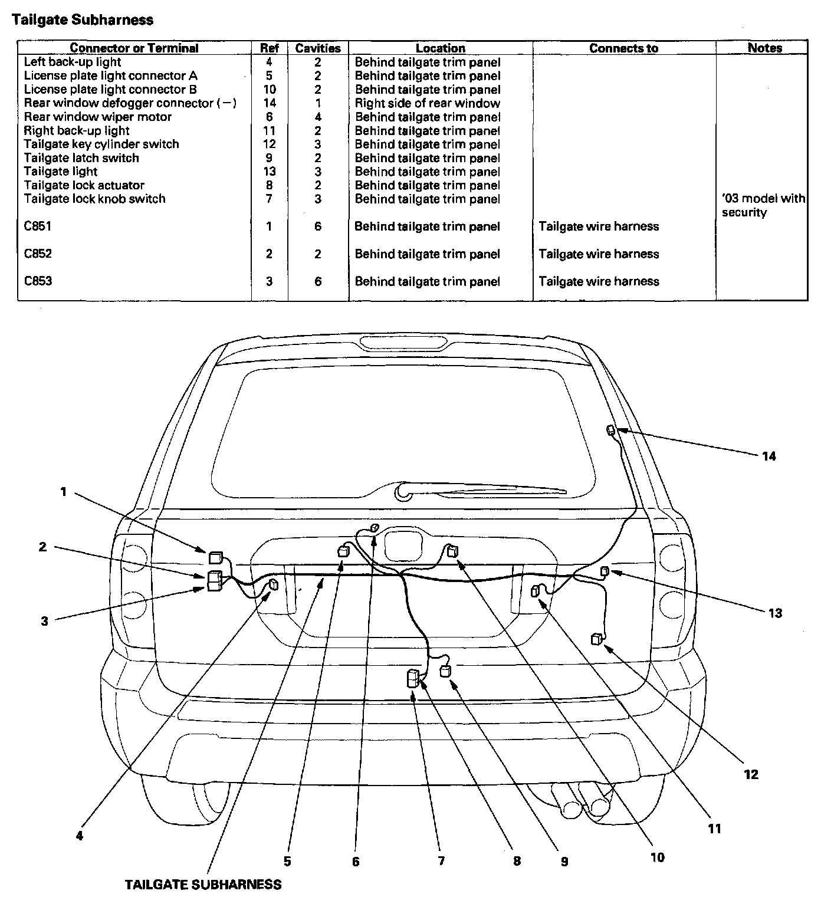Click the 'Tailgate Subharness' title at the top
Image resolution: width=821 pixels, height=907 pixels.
point(83,20)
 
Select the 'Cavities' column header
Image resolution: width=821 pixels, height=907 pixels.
point(318,48)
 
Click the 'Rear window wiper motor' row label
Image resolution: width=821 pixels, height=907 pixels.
point(97,117)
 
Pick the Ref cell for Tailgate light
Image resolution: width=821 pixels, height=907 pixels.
point(270,172)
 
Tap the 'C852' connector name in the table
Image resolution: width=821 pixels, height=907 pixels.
point(38,254)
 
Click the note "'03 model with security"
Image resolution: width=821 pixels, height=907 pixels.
point(763,205)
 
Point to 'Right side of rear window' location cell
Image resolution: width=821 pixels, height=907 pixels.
point(427,103)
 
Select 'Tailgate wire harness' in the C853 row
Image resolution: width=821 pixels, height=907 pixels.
point(599,281)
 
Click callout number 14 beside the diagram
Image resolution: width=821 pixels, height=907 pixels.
point(769,456)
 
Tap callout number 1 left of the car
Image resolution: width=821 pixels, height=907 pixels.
point(64,491)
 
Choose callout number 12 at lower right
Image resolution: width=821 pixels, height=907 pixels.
point(751,774)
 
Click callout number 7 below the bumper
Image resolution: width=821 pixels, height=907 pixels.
point(441,861)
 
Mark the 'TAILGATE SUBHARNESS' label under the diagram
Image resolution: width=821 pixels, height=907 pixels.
point(203,884)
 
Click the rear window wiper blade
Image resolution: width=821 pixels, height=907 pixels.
point(484,488)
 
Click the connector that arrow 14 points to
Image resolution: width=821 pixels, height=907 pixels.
point(611,431)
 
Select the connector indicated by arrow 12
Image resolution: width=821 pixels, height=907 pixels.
point(597,639)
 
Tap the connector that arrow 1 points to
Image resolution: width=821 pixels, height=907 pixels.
point(215,558)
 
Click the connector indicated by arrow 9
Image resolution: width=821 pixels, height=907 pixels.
point(446,671)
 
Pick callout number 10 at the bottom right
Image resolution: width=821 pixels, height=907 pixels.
point(657,857)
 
